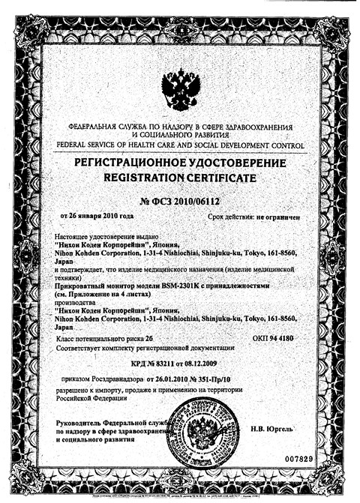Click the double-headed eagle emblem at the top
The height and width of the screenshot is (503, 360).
click(x=180, y=88)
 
